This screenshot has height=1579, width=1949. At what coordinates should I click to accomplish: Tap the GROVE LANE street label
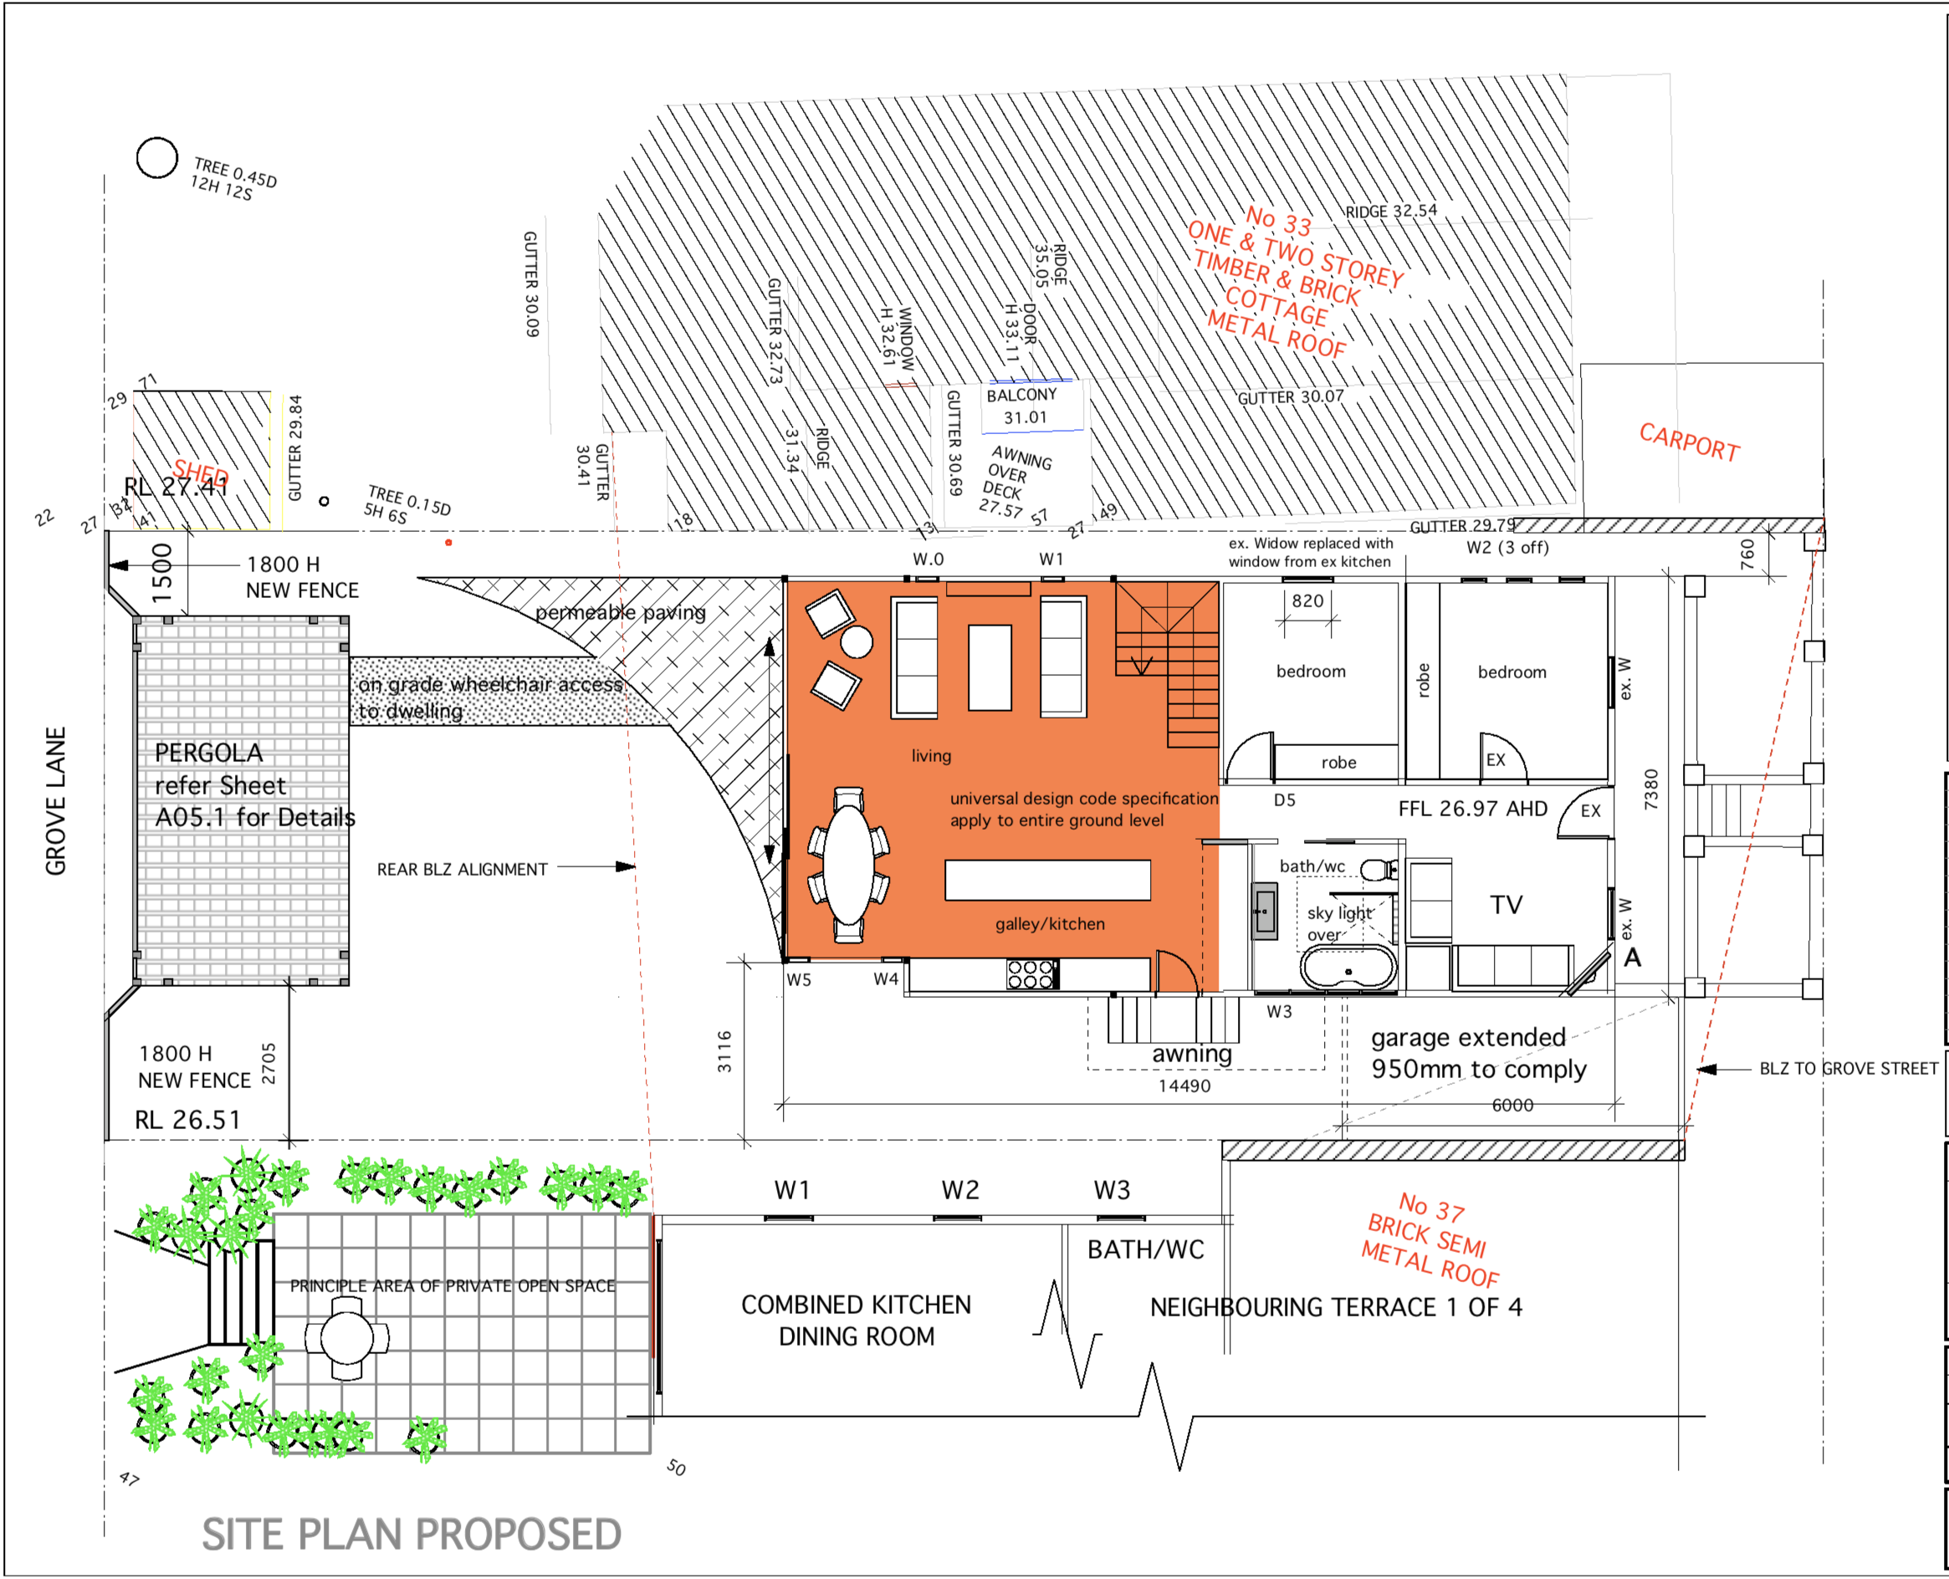[x=56, y=800]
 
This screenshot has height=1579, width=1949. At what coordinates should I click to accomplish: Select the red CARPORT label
[x=1689, y=442]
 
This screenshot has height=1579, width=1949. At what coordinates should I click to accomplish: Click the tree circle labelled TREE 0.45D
[x=156, y=158]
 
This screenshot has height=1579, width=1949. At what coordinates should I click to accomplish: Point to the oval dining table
[x=848, y=866]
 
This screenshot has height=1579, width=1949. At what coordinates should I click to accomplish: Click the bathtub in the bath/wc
[x=1348, y=968]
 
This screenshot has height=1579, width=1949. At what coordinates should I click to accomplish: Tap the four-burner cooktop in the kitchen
[x=1031, y=974]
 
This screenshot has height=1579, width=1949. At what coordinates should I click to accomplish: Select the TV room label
[x=1507, y=905]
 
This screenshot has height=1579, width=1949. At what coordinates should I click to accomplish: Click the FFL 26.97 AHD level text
[x=1472, y=809]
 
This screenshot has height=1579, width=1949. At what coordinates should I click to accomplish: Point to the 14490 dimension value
[x=1184, y=1086]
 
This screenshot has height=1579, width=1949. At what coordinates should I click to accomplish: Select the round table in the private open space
[x=346, y=1338]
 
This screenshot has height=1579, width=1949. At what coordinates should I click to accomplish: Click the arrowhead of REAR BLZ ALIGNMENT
[x=627, y=866]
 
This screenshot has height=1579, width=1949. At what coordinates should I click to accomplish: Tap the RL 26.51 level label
[x=188, y=1120]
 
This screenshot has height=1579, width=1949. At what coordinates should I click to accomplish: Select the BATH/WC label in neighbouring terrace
[x=1146, y=1249]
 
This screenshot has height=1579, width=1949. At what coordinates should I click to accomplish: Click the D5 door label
[x=1284, y=800]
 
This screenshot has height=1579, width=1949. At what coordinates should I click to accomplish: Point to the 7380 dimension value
[x=1651, y=789]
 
